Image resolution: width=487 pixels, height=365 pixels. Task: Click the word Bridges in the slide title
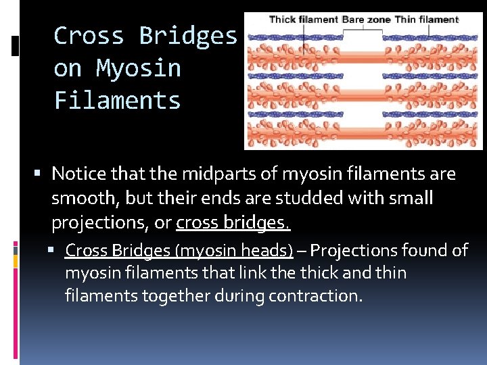[x=188, y=36]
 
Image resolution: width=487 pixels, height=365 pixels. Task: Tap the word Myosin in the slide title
[x=139, y=68]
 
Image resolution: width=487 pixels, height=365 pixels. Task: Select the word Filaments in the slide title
[x=118, y=101]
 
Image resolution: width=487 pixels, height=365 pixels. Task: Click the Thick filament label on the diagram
[x=303, y=20]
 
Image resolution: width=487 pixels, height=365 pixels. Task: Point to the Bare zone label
[x=366, y=20]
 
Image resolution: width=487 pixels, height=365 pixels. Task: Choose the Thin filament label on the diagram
[x=426, y=20]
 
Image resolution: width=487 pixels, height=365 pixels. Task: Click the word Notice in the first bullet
[x=77, y=174]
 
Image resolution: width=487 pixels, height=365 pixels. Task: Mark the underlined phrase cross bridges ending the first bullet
[x=233, y=223]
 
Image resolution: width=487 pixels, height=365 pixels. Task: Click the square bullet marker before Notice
[x=42, y=174]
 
